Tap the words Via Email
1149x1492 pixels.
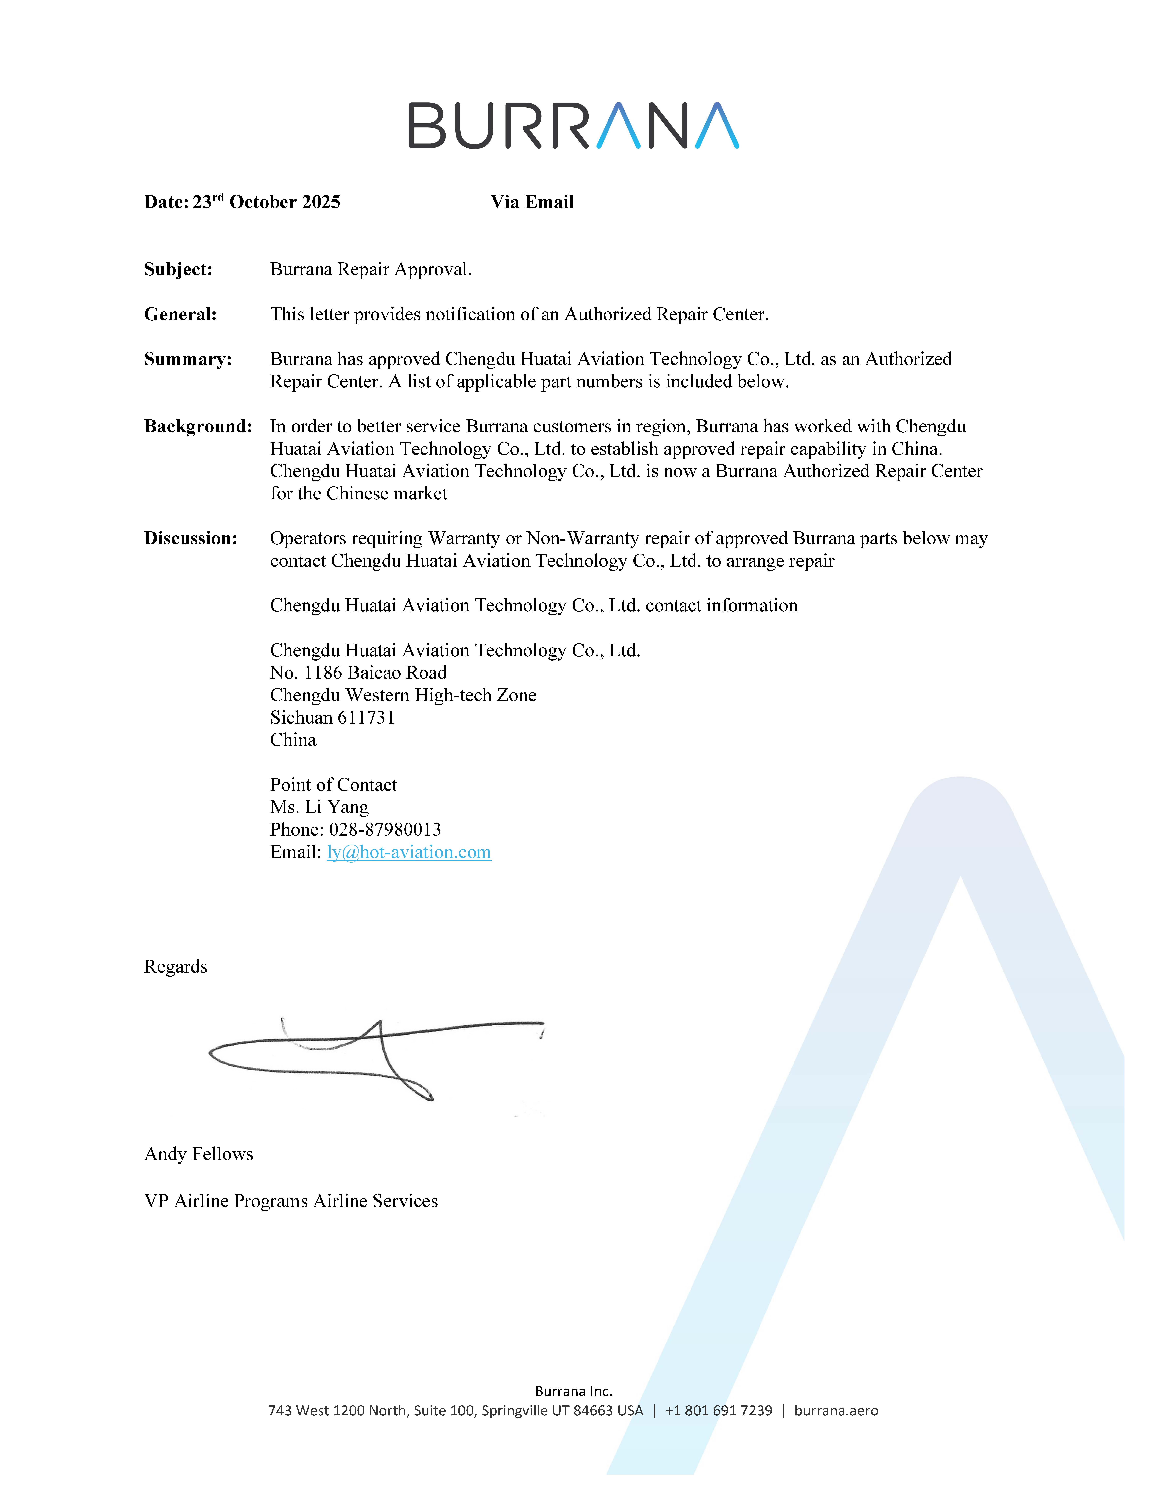[532, 202]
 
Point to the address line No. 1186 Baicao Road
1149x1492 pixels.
[358, 673]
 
